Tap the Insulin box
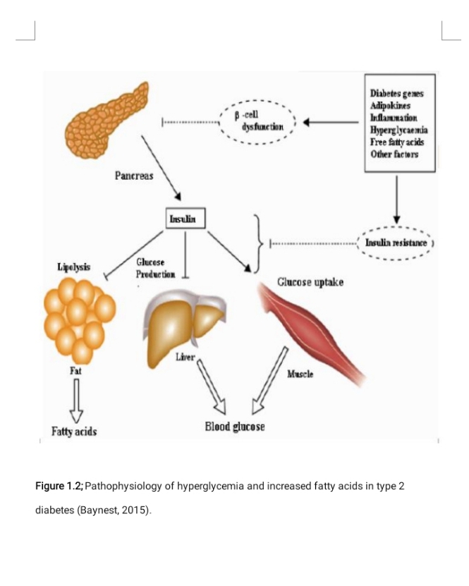183,219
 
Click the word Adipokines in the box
389,106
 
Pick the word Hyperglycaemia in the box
398,130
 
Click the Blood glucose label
235,427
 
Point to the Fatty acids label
74,431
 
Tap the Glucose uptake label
310,282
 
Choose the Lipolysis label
73,267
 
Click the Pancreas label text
134,175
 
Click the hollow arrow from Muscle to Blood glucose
269,377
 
